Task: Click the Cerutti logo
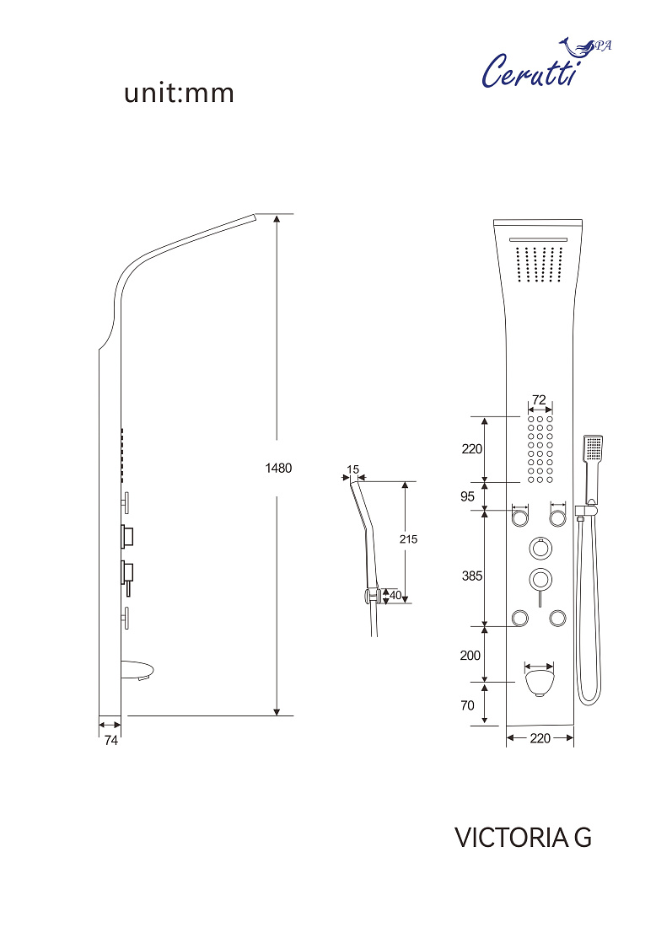pyautogui.click(x=546, y=64)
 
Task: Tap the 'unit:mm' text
pyautogui.click(x=180, y=94)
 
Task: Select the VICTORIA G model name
pyautogui.click(x=523, y=837)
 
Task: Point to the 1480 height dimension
pyautogui.click(x=278, y=469)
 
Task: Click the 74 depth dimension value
pyautogui.click(x=111, y=740)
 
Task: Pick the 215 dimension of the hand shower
pyautogui.click(x=408, y=539)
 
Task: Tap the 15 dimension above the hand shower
pyautogui.click(x=353, y=469)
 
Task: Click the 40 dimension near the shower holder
pyautogui.click(x=395, y=595)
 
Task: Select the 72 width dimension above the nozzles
pyautogui.click(x=539, y=400)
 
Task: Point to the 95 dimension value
pyautogui.click(x=467, y=496)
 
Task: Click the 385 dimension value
pyautogui.click(x=472, y=576)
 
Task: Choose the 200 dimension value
pyautogui.click(x=470, y=655)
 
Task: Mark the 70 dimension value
pyautogui.click(x=467, y=705)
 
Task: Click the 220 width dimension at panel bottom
pyautogui.click(x=540, y=738)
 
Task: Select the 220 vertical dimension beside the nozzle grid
pyautogui.click(x=472, y=448)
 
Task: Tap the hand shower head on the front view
pyautogui.click(x=593, y=448)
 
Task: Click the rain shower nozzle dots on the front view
pyautogui.click(x=539, y=264)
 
